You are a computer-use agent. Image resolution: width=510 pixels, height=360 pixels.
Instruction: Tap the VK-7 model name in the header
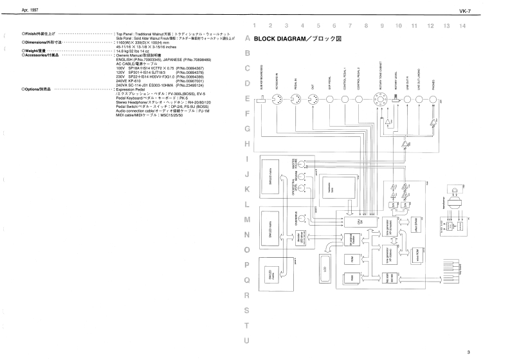494,11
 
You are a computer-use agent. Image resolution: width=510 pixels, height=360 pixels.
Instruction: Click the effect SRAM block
417,227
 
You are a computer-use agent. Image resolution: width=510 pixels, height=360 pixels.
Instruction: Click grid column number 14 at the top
462,26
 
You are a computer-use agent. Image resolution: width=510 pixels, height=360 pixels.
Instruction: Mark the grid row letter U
247,341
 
